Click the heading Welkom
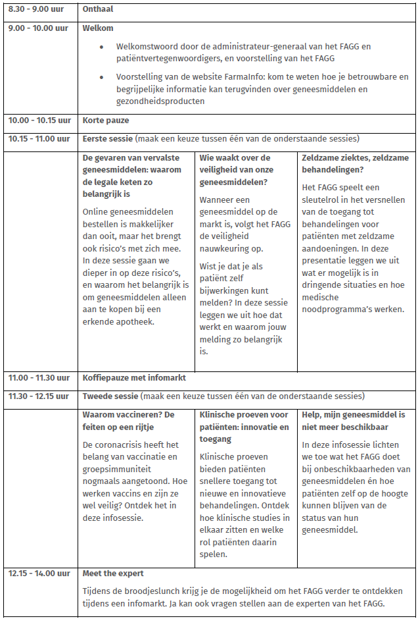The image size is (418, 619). click(x=98, y=28)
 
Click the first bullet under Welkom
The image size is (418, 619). click(x=101, y=47)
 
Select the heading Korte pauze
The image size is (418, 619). click(x=106, y=121)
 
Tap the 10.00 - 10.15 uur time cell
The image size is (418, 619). click(x=39, y=121)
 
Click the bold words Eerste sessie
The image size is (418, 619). click(x=107, y=138)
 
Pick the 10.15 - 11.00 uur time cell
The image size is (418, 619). click(x=39, y=138)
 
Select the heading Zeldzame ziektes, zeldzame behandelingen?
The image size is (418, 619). click(x=355, y=163)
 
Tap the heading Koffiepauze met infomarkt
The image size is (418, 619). click(x=134, y=378)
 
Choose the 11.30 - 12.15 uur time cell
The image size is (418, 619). click(x=39, y=396)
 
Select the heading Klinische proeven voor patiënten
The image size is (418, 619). click(x=243, y=421)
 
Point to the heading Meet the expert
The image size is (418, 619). click(x=113, y=573)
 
